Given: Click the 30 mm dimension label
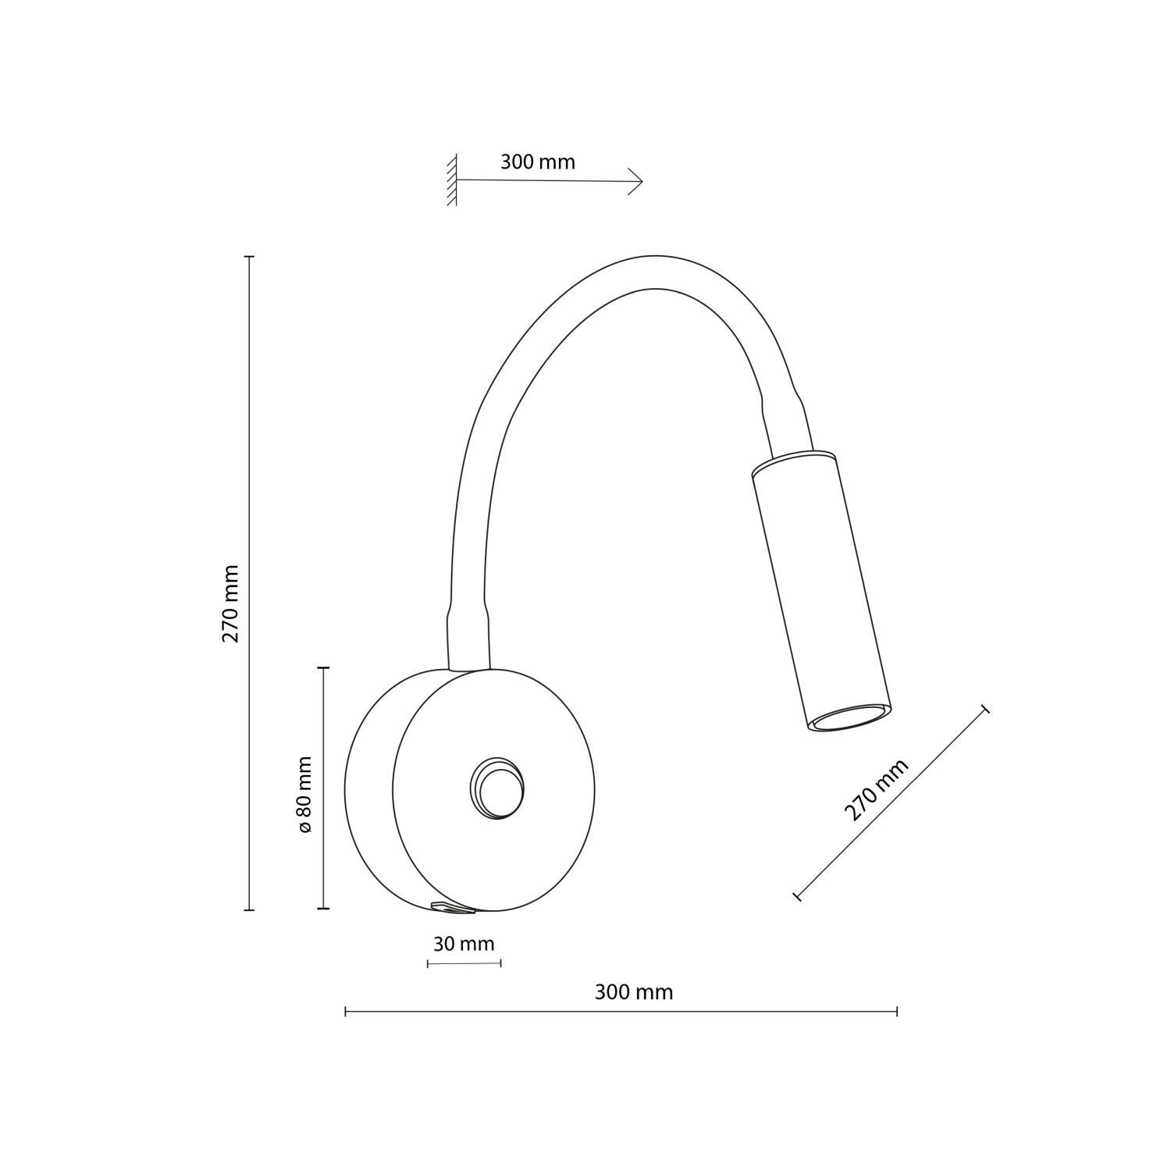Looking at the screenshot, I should (x=464, y=944).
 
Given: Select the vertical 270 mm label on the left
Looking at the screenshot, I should (x=230, y=603).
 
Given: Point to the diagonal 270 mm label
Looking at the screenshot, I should (x=876, y=790).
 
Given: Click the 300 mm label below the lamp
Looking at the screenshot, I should (x=633, y=992).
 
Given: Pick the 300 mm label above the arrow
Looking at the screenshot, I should (x=537, y=162).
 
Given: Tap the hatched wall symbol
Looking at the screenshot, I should (x=451, y=181).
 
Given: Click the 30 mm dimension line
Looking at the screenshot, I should (x=464, y=964).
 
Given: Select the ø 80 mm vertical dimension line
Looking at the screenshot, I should (x=323, y=788).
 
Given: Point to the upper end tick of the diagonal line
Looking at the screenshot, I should (x=985, y=709).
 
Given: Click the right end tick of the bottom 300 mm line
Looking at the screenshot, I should (x=897, y=1012).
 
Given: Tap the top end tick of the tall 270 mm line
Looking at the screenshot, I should (x=249, y=256).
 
